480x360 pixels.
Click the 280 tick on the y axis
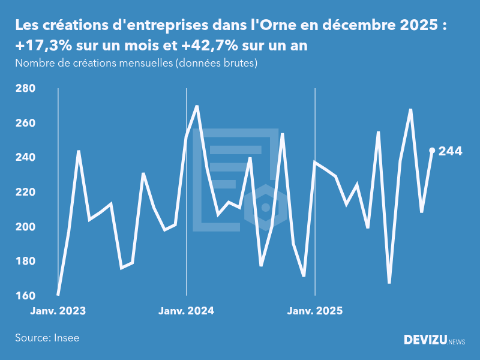25,89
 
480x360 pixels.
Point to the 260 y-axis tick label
25,123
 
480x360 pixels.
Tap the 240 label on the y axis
25,158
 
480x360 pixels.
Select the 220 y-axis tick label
25,193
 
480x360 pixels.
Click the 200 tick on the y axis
25,227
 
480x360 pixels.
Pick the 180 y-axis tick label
25,262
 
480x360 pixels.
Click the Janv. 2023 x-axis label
58,311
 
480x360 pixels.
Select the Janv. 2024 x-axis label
186,311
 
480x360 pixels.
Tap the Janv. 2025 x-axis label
315,311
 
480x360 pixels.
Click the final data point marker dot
432,151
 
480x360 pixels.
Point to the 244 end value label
450,151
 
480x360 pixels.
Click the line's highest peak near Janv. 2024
197,106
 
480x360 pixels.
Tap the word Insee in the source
66,338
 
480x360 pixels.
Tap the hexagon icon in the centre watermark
265,207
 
